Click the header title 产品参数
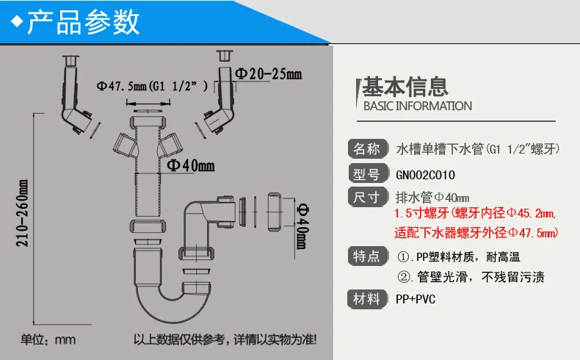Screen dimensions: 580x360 83,22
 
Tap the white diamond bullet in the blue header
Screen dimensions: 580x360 17,21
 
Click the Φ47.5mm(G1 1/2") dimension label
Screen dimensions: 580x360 152,86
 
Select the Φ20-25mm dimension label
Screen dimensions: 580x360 269,74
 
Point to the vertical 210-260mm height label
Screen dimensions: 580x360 22,214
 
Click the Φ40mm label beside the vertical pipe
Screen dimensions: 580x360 190,165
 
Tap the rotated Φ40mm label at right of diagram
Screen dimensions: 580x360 302,226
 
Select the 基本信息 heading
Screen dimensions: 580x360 405,87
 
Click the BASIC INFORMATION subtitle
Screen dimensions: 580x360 418,107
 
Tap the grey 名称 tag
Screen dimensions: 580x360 367,149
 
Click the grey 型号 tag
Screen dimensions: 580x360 367,174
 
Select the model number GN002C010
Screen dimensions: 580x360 425,175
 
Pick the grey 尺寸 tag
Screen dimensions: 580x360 367,197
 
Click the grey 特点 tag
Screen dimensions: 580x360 367,256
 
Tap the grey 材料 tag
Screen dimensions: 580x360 367,298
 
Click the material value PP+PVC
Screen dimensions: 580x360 416,299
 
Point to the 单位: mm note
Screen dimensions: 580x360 48,339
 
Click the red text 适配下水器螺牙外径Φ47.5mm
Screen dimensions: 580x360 476,233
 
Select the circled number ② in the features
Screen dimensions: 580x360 403,277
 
